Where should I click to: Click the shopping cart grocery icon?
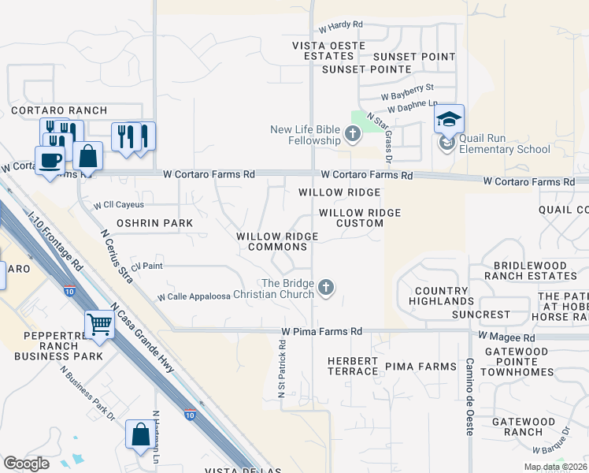click(100, 323)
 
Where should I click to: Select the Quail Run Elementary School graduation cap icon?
click(448, 120)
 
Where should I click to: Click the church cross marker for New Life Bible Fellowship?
click(352, 135)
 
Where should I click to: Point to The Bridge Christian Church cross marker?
click(325, 289)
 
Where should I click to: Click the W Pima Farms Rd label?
click(320, 332)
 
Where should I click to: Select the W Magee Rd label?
click(506, 337)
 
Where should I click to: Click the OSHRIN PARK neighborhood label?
click(154, 223)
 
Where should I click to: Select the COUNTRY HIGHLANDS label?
click(443, 296)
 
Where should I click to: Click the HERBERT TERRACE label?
click(353, 366)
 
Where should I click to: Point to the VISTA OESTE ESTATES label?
click(329, 50)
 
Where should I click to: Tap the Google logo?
click(27, 463)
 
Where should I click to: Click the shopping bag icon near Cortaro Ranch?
click(88, 157)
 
